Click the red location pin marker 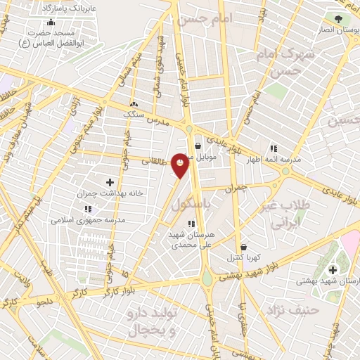181,165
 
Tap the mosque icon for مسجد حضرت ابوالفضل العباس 51,22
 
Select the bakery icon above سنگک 134,103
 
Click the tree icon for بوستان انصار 340,19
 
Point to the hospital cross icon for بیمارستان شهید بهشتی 332,269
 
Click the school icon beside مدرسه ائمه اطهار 274,148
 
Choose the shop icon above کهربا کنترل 244,247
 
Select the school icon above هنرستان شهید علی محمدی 191,224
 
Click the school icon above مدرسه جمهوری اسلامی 88,209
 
